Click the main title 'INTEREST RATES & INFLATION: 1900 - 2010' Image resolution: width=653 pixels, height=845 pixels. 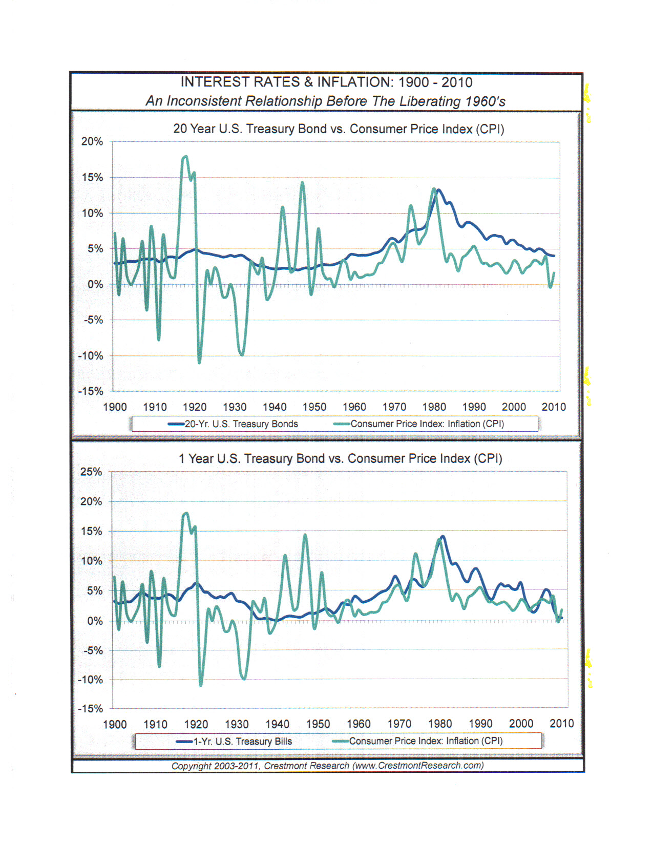click(326, 82)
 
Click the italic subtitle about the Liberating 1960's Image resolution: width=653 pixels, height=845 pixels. click(326, 101)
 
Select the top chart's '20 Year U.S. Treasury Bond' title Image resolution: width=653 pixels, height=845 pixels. click(339, 129)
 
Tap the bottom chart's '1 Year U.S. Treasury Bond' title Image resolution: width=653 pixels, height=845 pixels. click(340, 458)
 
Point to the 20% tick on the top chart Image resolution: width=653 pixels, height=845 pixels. click(92, 141)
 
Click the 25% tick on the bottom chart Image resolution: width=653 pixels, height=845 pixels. click(91, 472)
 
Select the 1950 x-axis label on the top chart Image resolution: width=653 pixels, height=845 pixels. click(314, 407)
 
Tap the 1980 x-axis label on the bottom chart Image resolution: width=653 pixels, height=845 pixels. click(440, 724)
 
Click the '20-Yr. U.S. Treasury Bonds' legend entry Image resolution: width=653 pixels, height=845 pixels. click(233, 424)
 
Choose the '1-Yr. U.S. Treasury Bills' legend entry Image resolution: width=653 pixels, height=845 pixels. click(234, 741)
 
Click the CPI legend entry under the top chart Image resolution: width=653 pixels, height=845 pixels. click(418, 424)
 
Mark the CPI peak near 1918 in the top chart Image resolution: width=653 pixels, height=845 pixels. click(185, 157)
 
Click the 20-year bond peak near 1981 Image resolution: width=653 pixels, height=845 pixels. click(439, 190)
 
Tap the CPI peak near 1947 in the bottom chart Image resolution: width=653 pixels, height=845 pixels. click(305, 535)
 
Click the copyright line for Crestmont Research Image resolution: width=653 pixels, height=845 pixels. click(327, 765)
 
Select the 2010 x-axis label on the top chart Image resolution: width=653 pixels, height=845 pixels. click(554, 407)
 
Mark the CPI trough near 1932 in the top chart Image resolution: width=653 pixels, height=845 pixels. click(242, 354)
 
